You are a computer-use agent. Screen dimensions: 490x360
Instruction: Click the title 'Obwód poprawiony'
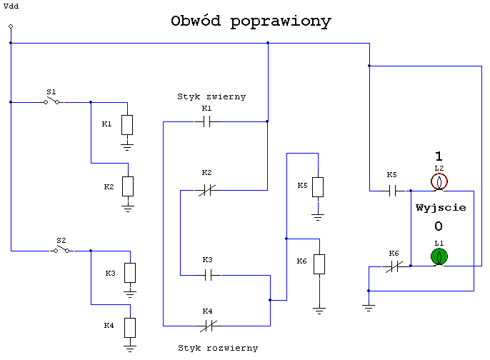point(251,21)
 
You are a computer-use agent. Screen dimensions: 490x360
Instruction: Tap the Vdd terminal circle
point(11,26)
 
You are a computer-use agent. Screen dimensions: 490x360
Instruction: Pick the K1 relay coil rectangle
point(127,125)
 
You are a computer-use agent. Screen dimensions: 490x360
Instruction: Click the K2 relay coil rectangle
point(128,186)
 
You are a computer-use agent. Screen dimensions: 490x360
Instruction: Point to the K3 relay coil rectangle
point(130,273)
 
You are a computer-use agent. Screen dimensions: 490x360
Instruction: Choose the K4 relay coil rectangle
point(130,328)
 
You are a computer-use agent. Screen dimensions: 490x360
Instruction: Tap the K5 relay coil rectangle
point(318,187)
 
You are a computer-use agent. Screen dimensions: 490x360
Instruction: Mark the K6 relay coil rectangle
point(319,264)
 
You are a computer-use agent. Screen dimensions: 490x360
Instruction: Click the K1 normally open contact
point(206,121)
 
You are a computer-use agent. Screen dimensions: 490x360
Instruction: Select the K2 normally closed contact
point(207,190)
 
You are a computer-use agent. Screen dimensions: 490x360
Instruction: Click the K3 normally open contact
point(208,275)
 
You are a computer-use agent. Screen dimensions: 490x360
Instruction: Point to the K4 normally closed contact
point(209,326)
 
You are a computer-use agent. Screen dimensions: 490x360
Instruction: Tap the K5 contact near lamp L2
point(393,191)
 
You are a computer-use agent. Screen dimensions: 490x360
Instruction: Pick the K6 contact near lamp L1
point(394,266)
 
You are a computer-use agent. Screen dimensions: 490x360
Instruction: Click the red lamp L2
point(439,181)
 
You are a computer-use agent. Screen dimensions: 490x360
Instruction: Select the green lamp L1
point(439,256)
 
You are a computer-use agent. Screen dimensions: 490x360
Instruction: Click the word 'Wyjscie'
point(441,208)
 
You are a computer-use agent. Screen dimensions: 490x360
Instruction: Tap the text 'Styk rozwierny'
point(218,349)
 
